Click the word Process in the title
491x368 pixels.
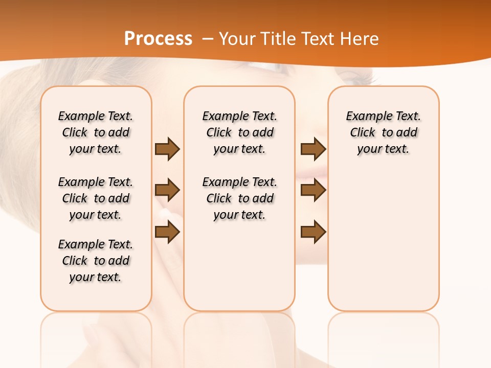coord(158,39)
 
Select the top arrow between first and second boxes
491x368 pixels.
coord(167,149)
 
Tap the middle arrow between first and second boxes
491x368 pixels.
coord(167,190)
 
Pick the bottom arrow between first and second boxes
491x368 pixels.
coord(167,233)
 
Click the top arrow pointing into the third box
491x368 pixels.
coord(313,149)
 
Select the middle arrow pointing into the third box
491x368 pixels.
coord(313,190)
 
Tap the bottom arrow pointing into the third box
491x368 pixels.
coord(313,233)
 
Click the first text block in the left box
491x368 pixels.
coord(96,132)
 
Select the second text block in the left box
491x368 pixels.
coord(96,198)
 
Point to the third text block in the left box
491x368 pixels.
coord(96,261)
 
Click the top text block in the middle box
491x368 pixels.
coord(239,132)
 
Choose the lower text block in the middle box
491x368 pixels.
coord(239,198)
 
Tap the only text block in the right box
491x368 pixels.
coord(383,132)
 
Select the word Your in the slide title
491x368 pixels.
coord(237,39)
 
